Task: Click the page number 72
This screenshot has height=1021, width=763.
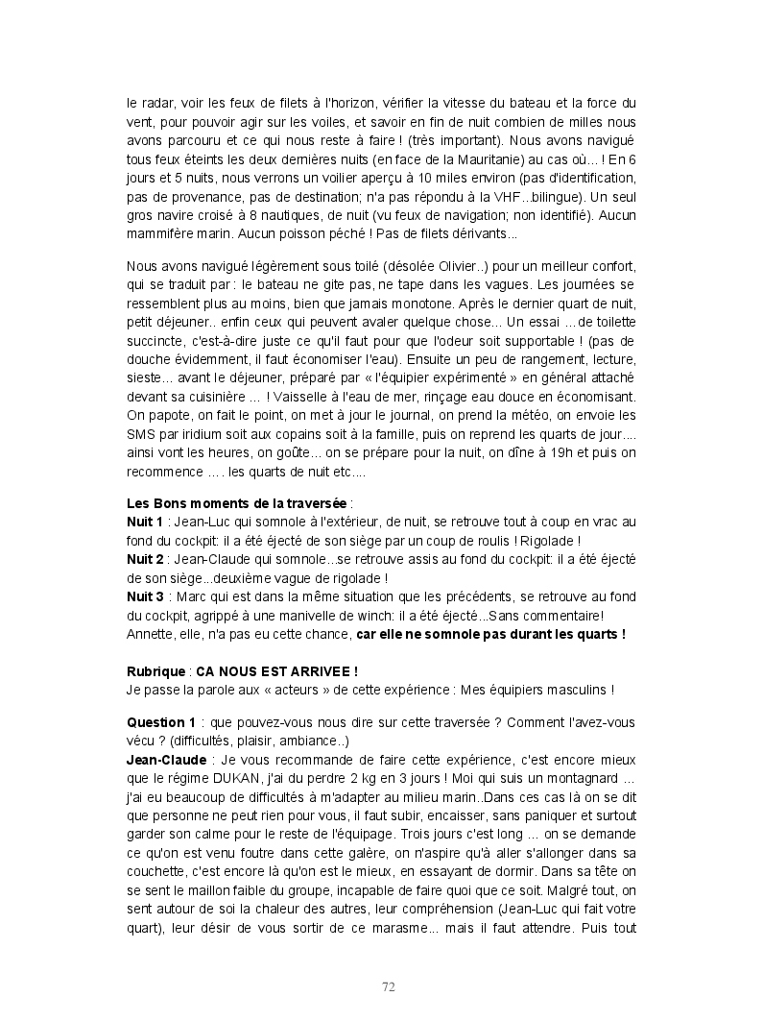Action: (389, 986)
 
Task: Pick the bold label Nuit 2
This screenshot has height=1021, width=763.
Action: (145, 560)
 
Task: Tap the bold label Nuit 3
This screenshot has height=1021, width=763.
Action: (145, 596)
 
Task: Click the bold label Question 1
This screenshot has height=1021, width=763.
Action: (161, 722)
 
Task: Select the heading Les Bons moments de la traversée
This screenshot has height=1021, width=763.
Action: (237, 504)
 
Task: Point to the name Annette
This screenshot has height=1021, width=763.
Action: (150, 633)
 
